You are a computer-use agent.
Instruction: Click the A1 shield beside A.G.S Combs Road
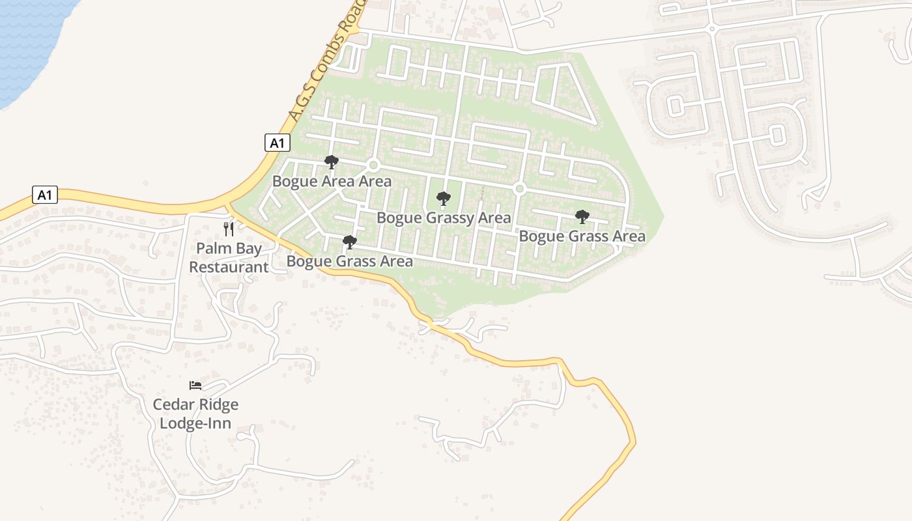point(278,143)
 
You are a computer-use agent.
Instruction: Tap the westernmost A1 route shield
point(45,195)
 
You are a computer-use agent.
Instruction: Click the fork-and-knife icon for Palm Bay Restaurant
point(229,229)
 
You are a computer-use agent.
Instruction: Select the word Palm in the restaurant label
point(212,249)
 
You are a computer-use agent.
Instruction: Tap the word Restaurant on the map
point(229,267)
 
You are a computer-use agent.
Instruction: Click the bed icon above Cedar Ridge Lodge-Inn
point(195,385)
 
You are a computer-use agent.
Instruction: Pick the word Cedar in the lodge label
point(173,404)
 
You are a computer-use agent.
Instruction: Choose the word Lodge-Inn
point(195,423)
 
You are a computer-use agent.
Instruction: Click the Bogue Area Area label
point(332,181)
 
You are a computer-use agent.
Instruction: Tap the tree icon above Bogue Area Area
point(332,162)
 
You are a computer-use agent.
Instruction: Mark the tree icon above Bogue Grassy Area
point(444,199)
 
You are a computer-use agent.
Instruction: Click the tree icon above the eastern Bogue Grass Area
point(582,217)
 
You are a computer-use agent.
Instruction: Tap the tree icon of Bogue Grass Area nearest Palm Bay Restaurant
point(350,243)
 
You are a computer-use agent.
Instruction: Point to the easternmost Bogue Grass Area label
point(582,236)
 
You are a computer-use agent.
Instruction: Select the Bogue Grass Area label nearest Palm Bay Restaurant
point(350,262)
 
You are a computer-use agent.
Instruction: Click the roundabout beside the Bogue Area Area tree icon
point(373,165)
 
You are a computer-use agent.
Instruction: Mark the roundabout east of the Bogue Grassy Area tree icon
point(519,189)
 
